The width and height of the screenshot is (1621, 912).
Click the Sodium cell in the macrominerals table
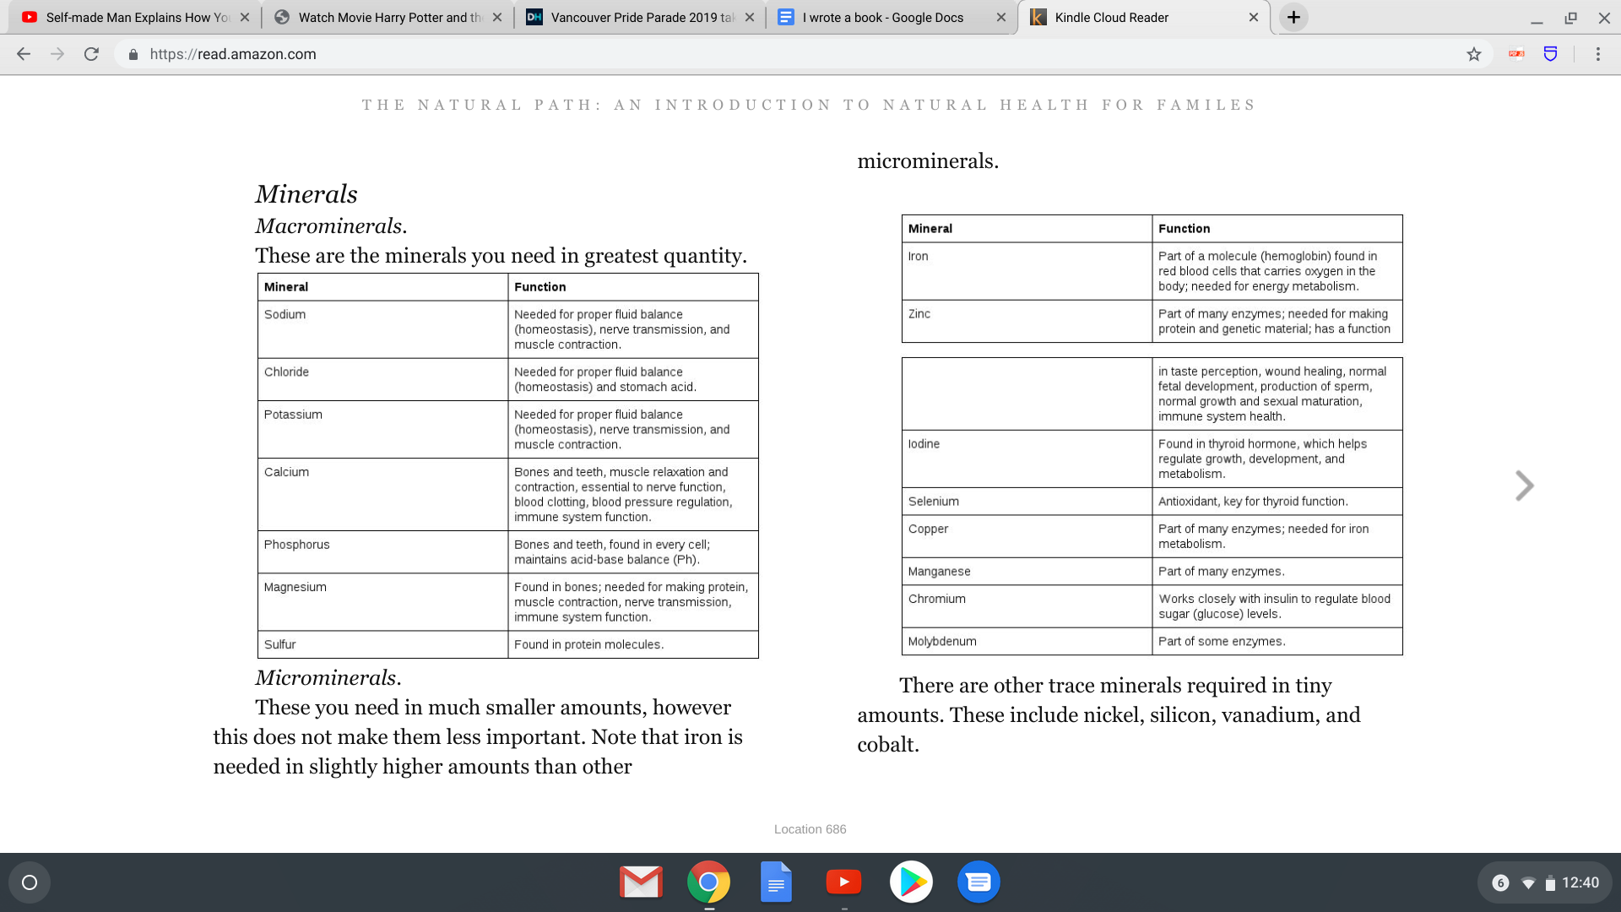tap(285, 314)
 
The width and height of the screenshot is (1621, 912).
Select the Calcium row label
tap(287, 472)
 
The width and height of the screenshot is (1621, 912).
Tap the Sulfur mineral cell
tap(280, 644)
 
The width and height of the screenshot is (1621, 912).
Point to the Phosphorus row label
tap(297, 545)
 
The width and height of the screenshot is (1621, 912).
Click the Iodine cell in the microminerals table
tap(924, 444)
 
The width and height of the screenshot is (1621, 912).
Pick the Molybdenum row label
tap(942, 642)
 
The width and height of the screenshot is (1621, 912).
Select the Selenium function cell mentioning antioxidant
tap(1253, 502)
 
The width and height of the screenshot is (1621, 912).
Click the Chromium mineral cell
tap(937, 599)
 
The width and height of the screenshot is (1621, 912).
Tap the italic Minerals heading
tap(306, 194)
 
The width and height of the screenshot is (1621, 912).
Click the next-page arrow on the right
tap(1524, 486)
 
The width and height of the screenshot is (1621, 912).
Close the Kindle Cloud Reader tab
tap(1254, 17)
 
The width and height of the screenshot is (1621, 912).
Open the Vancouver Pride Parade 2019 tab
tap(642, 17)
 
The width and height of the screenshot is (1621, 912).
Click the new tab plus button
tap(1293, 17)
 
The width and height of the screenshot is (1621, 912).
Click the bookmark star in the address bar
tap(1474, 54)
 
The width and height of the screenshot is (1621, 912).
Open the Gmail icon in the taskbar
tap(641, 882)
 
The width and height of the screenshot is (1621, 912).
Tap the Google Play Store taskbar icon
tap(911, 882)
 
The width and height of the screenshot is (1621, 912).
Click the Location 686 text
tap(810, 829)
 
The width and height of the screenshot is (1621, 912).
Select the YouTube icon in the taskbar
tap(843, 882)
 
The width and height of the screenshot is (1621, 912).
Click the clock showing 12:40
tap(1580, 882)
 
